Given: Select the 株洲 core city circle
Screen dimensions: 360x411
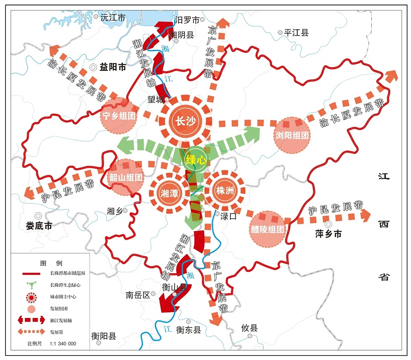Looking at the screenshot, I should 225,191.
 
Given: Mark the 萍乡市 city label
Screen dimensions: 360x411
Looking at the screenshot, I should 328,234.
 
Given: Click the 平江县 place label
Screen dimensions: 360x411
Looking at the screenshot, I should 296,33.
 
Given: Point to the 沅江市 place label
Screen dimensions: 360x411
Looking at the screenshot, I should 112,18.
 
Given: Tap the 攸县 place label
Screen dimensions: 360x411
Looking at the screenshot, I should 250,328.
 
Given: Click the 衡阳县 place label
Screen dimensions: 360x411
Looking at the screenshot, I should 104,336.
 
